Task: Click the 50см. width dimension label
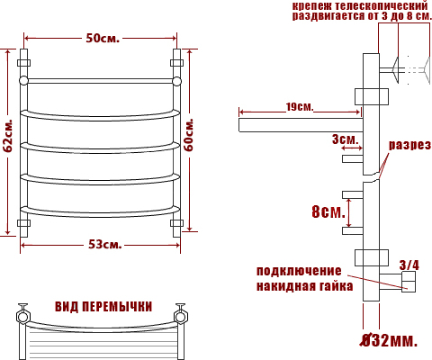pos(103,38)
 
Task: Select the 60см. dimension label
pos(189,135)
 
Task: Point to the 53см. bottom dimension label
pos(105,245)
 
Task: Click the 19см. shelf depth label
pos(300,107)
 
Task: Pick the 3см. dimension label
pos(346,139)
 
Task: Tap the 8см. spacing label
pos(328,211)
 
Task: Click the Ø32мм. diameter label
pos(389,340)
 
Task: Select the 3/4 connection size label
pos(409,265)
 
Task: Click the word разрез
pos(409,145)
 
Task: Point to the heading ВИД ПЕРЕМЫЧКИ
pos(103,307)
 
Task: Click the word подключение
pos(299,271)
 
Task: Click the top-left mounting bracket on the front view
pos(23,63)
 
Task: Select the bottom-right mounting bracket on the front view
pos(176,223)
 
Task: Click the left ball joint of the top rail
pos(23,81)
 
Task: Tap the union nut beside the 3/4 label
pos(409,282)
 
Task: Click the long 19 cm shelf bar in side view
pos(301,125)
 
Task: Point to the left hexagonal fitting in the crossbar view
pos(22,317)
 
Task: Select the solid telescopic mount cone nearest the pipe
pos(395,70)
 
